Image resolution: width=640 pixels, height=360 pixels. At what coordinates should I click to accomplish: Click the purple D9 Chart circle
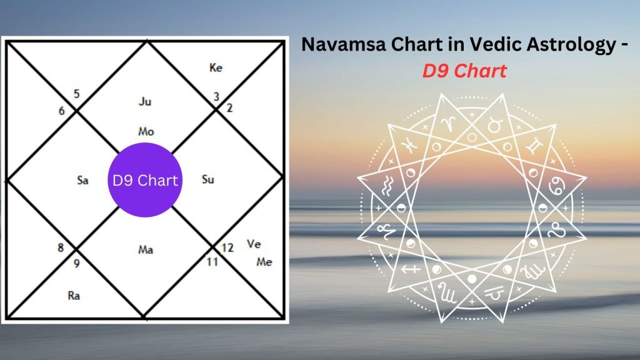[144, 180]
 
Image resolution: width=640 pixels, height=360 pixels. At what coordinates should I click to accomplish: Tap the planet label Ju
[145, 101]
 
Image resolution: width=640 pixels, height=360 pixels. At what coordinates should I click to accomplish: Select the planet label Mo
[146, 132]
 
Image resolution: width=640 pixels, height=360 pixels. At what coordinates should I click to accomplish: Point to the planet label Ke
[216, 67]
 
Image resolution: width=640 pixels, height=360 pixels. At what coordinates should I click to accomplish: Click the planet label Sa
[82, 181]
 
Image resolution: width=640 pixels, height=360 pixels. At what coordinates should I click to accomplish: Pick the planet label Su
[209, 180]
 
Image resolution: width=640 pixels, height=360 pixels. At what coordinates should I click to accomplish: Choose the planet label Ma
[146, 250]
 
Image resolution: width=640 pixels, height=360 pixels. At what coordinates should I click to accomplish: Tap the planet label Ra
[74, 296]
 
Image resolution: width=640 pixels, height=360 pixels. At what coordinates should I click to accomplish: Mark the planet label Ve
[254, 244]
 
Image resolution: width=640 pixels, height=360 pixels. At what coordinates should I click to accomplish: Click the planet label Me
[264, 262]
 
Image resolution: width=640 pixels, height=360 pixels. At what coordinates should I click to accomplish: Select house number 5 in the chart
[76, 94]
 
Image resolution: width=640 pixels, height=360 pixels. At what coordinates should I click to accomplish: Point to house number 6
[62, 111]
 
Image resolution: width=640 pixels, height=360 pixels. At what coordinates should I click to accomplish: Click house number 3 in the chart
[216, 97]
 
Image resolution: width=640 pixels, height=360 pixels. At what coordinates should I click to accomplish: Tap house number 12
[227, 247]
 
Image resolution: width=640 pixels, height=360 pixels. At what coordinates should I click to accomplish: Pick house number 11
[212, 262]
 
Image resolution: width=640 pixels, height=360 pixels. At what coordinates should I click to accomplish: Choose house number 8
[61, 247]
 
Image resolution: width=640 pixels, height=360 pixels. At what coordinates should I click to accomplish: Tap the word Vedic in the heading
[472, 45]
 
